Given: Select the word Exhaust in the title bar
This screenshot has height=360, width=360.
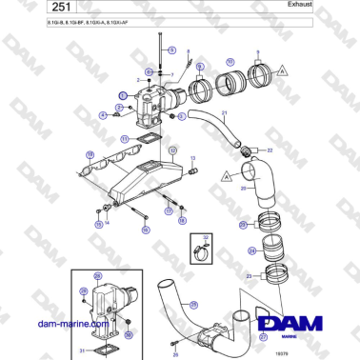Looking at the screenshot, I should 329,5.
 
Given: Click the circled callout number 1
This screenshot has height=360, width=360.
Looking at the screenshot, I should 123,96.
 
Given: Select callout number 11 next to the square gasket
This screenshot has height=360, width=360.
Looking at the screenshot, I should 125,138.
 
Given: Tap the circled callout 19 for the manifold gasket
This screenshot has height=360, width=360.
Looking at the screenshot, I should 90,154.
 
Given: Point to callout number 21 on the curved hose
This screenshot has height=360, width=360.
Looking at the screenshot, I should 224,113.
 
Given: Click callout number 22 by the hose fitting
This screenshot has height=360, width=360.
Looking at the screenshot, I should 270,150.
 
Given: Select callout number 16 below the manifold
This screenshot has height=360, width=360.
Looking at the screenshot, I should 146,230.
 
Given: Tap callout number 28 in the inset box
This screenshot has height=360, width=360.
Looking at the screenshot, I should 84,290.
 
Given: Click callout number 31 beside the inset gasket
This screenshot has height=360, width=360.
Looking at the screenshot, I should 83,351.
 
